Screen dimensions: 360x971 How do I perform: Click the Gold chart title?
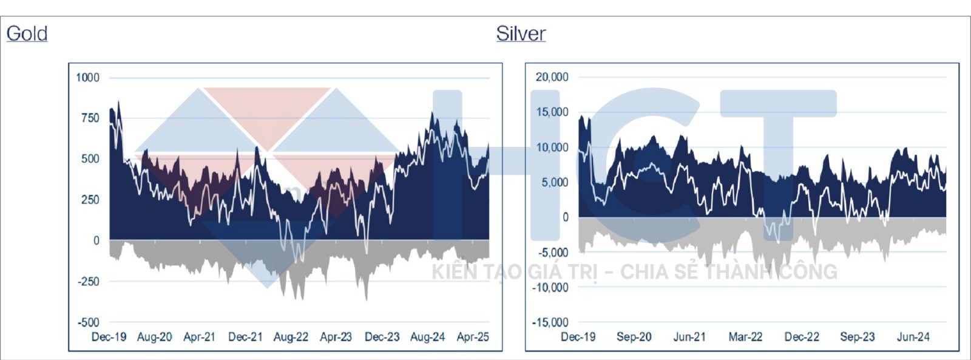pos(27,33)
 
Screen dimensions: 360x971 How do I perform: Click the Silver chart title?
pos(521,33)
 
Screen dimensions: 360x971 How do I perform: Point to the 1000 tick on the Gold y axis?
pos(87,78)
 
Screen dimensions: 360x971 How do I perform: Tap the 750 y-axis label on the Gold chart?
pos(90,118)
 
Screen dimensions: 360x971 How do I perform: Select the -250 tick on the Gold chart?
pos(87,282)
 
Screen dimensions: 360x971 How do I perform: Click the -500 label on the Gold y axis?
pos(87,322)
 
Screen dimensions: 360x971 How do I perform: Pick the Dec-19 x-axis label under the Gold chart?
pos(109,337)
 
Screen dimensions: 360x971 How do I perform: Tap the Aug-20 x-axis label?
pos(154,337)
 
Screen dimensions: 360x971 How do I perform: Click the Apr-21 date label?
pos(199,337)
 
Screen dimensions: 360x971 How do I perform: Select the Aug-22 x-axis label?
pos(291,337)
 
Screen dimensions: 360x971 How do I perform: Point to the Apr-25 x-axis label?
pos(473,337)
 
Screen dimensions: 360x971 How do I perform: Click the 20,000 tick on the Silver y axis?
pos(552,77)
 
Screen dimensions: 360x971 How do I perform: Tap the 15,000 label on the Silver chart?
pos(552,112)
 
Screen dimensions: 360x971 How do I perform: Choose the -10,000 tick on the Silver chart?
pos(550,288)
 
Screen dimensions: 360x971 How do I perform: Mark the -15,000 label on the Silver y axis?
pos(550,322)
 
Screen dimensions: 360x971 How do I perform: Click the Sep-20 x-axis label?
pos(634,337)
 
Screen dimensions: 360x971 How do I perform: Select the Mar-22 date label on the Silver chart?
pos(745,337)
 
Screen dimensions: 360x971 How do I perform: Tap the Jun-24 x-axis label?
pos(913,337)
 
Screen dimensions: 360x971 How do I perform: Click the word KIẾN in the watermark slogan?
pos(455,272)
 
